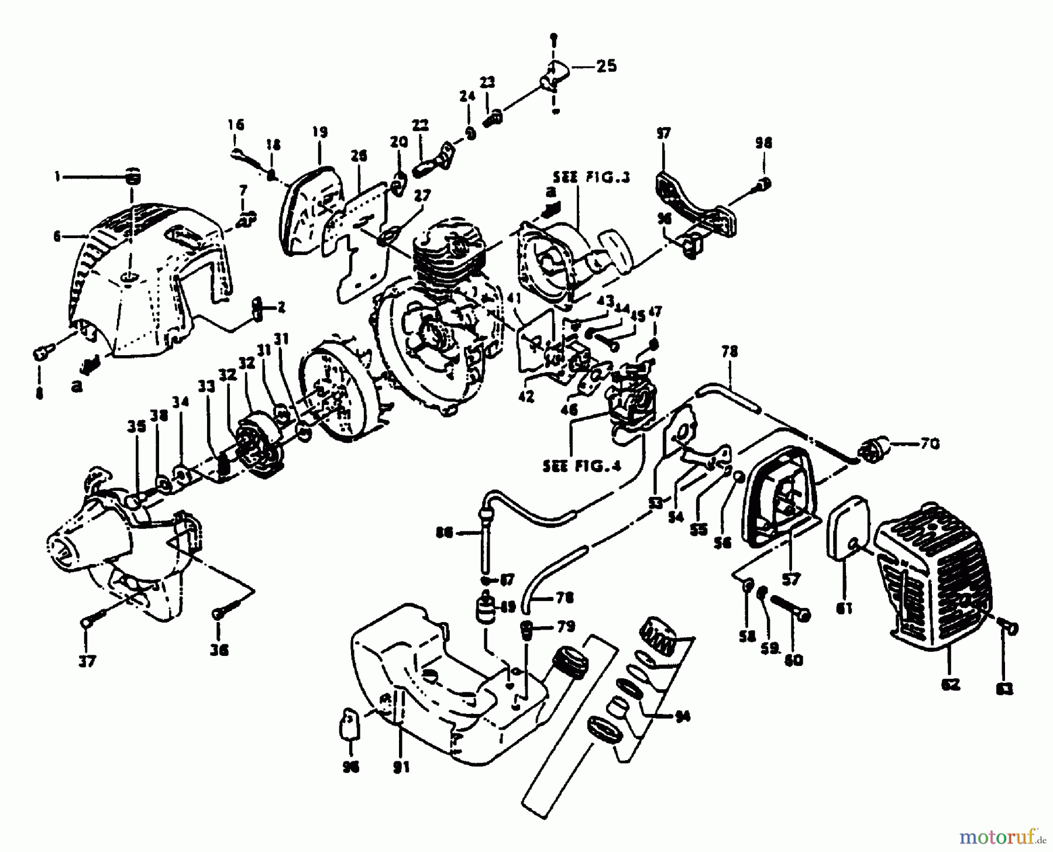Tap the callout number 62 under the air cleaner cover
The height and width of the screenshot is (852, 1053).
click(x=951, y=683)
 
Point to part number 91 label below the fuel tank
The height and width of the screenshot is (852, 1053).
click(x=401, y=767)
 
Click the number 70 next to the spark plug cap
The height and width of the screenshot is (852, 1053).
click(x=928, y=444)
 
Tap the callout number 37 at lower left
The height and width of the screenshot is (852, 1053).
click(x=87, y=661)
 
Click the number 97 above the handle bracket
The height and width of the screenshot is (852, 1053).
click(x=663, y=133)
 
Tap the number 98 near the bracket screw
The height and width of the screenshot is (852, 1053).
click(x=763, y=143)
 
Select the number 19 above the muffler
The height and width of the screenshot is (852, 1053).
click(x=319, y=132)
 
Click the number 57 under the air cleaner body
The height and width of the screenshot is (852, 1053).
click(x=790, y=579)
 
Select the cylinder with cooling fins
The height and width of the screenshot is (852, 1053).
click(x=448, y=252)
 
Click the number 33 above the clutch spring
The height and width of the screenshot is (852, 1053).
click(x=206, y=386)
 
